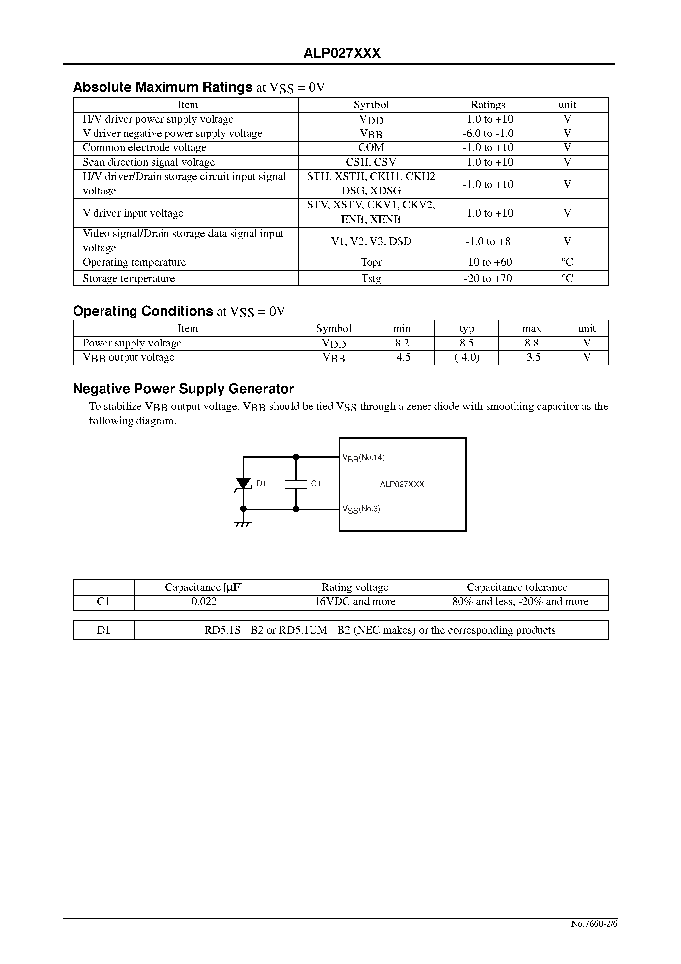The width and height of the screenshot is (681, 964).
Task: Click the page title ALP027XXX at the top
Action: click(x=342, y=53)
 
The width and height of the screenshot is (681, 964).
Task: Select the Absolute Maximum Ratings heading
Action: click(x=163, y=87)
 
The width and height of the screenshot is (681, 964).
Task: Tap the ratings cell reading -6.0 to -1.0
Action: click(x=488, y=134)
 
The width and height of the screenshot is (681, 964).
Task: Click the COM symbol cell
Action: click(x=371, y=148)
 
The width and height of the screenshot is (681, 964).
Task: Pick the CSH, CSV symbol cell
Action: click(x=371, y=162)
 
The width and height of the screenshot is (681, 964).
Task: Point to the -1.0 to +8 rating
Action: click(x=488, y=241)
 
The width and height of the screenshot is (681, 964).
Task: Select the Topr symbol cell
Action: click(x=371, y=262)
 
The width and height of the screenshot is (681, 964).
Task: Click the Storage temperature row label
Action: click(x=129, y=278)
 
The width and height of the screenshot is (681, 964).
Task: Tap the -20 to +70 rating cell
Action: click(x=488, y=278)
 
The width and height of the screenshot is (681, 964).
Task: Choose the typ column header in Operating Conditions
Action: click(x=466, y=328)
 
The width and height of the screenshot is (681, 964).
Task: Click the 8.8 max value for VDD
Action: click(x=531, y=343)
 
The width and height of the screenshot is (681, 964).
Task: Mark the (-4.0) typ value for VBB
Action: click(x=466, y=357)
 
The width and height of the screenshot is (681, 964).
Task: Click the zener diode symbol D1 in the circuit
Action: click(x=243, y=483)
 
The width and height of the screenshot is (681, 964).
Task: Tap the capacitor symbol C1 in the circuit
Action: click(x=296, y=484)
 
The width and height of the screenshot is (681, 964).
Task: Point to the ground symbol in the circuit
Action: click(x=243, y=524)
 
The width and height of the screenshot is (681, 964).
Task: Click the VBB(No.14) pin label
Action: click(x=364, y=458)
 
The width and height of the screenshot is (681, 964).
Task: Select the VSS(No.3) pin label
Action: click(x=361, y=509)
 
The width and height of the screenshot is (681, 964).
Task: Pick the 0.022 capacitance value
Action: click(x=204, y=602)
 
